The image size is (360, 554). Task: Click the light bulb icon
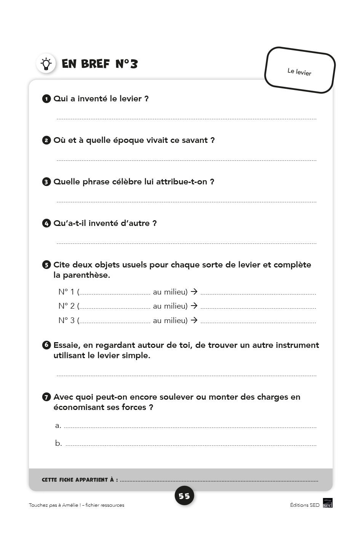pyautogui.click(x=46, y=64)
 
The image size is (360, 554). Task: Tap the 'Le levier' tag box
pyautogui.click(x=300, y=70)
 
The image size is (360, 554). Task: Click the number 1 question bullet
pyautogui.click(x=46, y=99)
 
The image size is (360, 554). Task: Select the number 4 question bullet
pyautogui.click(x=46, y=224)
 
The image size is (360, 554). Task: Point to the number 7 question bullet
pyautogui.click(x=46, y=397)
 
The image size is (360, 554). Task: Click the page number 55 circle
pyautogui.click(x=184, y=496)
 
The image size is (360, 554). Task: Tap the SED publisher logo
pyautogui.click(x=328, y=503)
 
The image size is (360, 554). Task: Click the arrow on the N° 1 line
pyautogui.click(x=194, y=291)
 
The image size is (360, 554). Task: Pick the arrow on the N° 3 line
pyautogui.click(x=194, y=320)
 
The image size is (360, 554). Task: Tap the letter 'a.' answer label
pyautogui.click(x=58, y=426)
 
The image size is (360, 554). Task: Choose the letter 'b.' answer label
pyautogui.click(x=58, y=443)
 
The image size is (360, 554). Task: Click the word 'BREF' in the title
pyautogui.click(x=95, y=64)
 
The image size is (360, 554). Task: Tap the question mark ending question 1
pyautogui.click(x=146, y=99)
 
